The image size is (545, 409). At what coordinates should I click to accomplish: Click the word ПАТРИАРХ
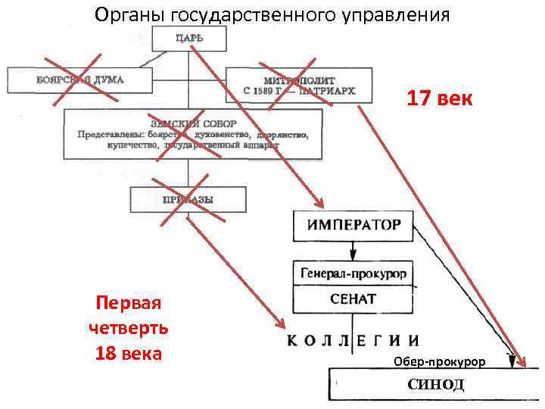[327, 91]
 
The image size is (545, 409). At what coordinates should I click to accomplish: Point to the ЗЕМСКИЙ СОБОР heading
[193, 123]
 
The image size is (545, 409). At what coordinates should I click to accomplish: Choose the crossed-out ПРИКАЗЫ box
[188, 200]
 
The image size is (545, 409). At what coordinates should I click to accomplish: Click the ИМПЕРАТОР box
[353, 225]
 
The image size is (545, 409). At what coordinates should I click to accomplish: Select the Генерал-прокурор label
[353, 273]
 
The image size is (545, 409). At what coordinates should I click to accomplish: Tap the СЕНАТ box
[353, 299]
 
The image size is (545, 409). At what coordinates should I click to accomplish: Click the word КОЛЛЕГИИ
[353, 341]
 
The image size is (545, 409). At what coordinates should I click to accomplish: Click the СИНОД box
[435, 385]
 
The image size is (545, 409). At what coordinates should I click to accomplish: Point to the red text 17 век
[439, 98]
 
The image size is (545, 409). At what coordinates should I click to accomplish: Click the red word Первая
[129, 304]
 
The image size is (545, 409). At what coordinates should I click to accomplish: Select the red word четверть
[129, 329]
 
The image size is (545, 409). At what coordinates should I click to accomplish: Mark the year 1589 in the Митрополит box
[262, 91]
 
